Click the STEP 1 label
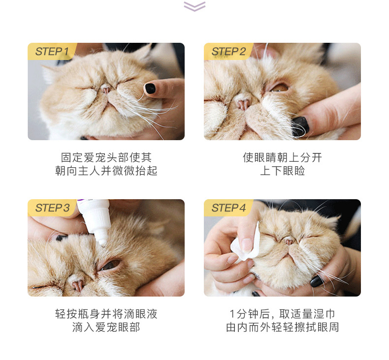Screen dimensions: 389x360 click(52, 52)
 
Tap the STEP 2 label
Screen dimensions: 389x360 click(228, 52)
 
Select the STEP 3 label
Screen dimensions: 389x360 click(52, 208)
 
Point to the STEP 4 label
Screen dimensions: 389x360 click(228, 208)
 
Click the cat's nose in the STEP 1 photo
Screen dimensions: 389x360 click(106, 89)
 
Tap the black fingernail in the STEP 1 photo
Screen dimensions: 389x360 click(150, 89)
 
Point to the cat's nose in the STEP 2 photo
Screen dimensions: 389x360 click(242, 103)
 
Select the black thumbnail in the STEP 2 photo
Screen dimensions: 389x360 click(300, 126)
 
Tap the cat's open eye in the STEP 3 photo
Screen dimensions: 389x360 click(110, 265)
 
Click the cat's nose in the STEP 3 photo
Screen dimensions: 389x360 click(77, 284)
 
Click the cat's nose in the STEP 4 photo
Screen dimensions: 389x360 click(289, 240)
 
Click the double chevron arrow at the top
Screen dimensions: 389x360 click(194, 6)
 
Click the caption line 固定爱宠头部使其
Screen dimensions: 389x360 click(106, 157)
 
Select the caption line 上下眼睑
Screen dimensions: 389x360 click(282, 171)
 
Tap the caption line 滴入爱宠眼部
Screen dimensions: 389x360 click(106, 327)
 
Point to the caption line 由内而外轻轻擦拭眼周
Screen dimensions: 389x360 click(282, 327)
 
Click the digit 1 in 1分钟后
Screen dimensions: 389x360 click(232, 314)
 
